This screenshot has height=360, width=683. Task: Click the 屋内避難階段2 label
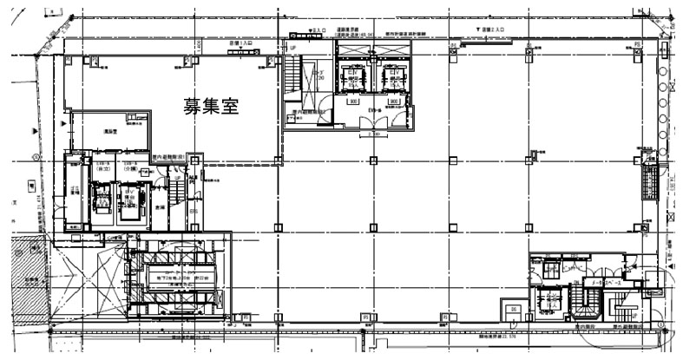coord(308,111)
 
